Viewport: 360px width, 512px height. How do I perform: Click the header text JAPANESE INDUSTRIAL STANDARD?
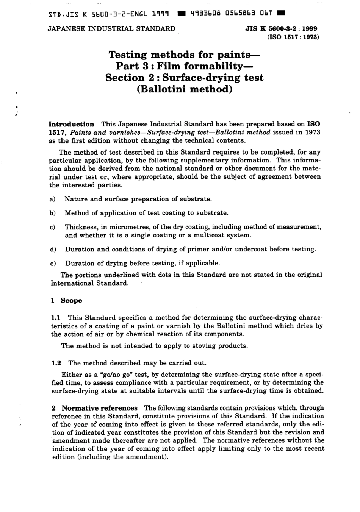click(111, 29)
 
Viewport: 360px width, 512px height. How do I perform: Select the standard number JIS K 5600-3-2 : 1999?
click(281, 29)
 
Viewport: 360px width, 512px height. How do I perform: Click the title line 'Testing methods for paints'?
click(185, 55)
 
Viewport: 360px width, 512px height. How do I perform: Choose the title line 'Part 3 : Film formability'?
click(184, 66)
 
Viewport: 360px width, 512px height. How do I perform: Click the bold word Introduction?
click(72, 124)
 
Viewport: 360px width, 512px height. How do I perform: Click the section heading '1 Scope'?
click(67, 300)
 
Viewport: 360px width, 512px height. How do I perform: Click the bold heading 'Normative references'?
click(99, 408)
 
